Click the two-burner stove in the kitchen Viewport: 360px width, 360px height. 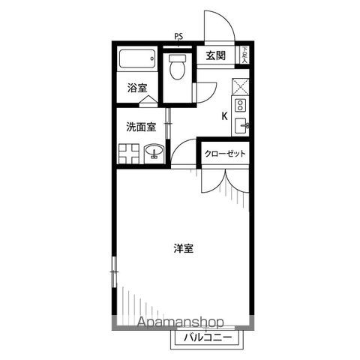[x=241, y=105]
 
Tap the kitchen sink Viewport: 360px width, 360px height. [x=240, y=125]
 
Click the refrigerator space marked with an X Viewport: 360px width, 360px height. [x=241, y=85]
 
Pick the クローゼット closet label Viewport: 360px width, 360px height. [x=225, y=154]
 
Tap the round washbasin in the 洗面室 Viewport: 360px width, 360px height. [x=153, y=154]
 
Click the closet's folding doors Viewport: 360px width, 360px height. [x=226, y=184]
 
